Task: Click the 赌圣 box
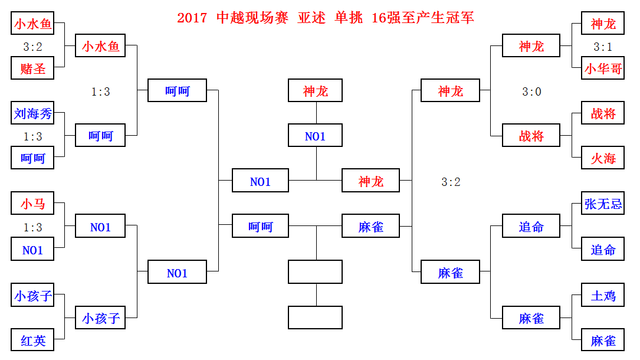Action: (33, 68)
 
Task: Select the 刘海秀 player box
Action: (33, 113)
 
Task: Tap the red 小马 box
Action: (33, 204)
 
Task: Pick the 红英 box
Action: (33, 341)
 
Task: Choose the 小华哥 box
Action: (603, 68)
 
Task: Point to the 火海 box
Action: (603, 158)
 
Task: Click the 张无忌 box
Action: (603, 204)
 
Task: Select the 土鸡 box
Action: (603, 295)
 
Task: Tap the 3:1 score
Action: (603, 47)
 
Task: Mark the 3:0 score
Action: (531, 91)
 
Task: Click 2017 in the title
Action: (192, 18)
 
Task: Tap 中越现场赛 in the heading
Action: (252, 18)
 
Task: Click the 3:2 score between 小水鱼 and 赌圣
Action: (33, 47)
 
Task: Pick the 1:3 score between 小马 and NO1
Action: (33, 227)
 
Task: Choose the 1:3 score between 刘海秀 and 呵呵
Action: (33, 136)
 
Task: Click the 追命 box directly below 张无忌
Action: (603, 250)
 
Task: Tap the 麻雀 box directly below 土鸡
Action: (603, 341)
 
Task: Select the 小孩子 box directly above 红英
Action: (33, 295)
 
